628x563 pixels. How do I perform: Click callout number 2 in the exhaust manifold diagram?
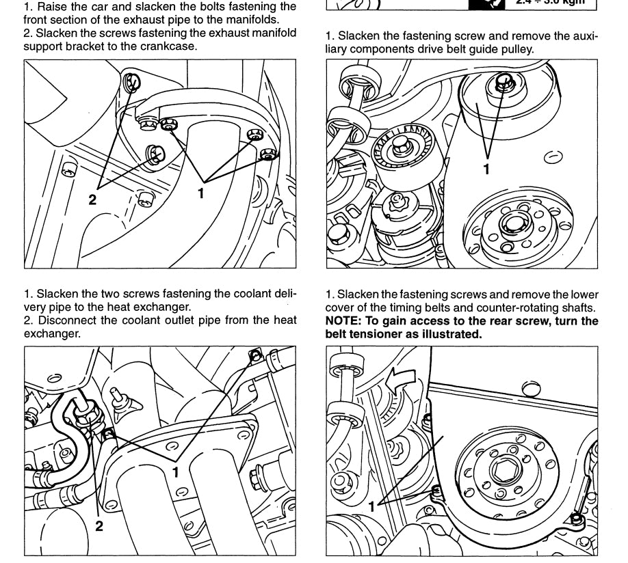point(92,200)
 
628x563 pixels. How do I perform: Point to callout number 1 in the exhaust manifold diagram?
point(200,193)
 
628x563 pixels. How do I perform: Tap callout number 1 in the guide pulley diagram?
point(486,169)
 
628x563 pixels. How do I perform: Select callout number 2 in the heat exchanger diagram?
point(99,526)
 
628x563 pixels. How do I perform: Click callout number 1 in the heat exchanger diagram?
point(176,471)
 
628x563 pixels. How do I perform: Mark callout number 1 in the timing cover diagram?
point(372,507)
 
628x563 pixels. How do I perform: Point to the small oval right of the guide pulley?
point(553,158)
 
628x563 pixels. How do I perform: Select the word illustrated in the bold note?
point(452,334)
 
